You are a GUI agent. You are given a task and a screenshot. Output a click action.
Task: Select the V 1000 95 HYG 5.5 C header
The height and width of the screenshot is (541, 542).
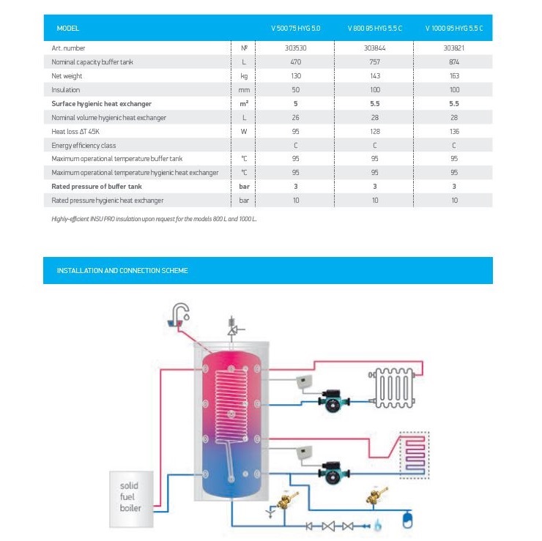tap(453, 29)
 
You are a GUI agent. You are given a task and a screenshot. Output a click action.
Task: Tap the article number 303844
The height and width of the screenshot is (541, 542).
tap(374, 48)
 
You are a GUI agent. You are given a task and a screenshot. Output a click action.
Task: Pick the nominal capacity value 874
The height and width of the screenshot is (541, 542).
tap(453, 62)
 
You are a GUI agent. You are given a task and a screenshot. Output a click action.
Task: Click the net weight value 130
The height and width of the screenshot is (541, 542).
tap(295, 76)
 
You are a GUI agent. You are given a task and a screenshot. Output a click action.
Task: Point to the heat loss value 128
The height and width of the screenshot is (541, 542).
tap(374, 131)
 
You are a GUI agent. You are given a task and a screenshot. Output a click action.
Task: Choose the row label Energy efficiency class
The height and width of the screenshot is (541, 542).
tap(83, 145)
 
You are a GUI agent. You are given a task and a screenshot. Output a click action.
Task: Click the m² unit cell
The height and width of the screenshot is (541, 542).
tap(245, 103)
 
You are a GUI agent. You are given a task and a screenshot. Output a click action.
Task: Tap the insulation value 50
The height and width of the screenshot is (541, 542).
tap(295, 90)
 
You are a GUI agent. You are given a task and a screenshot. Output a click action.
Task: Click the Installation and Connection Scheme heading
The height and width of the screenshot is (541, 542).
tap(122, 271)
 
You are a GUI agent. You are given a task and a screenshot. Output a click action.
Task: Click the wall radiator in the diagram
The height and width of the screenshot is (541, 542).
tap(394, 385)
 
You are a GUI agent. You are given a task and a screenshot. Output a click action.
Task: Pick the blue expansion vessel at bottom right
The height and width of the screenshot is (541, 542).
tap(408, 522)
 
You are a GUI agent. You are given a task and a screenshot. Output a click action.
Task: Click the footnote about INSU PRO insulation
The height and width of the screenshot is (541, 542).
tap(155, 219)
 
